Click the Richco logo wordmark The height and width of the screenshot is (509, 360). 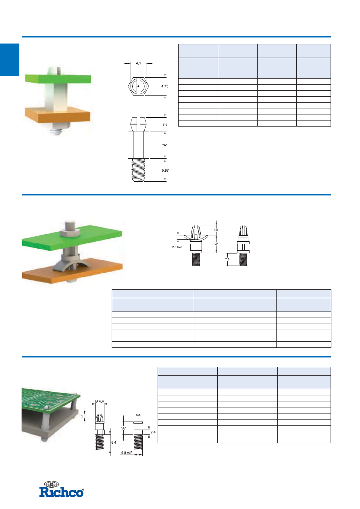point(61,492)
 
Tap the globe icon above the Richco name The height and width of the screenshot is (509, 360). point(51,484)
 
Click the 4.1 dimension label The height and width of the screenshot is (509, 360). point(138,63)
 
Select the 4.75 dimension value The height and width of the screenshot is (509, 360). point(165,86)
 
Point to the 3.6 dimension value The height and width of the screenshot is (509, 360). point(165,124)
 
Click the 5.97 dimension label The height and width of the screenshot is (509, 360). point(165,170)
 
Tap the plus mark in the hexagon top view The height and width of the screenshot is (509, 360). point(138,86)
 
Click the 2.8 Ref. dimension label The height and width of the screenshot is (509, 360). point(177,247)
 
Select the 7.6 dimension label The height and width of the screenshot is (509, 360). point(227,259)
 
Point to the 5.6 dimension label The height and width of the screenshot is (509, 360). point(216,230)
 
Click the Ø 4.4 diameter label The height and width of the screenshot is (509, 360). point(99,401)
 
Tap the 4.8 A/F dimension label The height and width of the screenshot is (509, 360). point(127,453)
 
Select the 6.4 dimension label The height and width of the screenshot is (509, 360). point(114,443)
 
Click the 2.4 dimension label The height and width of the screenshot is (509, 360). point(153,432)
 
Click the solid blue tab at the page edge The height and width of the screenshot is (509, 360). point(10,60)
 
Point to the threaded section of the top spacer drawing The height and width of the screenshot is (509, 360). point(138,170)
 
